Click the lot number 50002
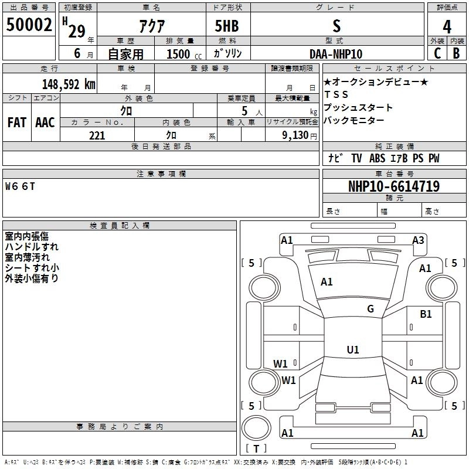tap(29, 25)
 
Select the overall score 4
tap(447, 27)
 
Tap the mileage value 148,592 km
tap(69, 84)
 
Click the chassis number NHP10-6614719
tap(394, 186)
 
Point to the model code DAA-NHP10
tap(336, 54)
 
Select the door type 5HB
tap(227, 26)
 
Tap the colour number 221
tap(97, 135)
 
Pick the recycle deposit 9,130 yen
tap(300, 135)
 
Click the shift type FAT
tap(17, 123)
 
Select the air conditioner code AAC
tap(45, 123)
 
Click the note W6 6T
tap(20, 186)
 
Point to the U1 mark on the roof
tap(353, 349)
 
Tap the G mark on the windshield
tap(371, 308)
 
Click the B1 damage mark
tap(426, 314)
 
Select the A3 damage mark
tap(418, 240)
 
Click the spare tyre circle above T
tap(256, 428)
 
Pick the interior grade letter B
tap(456, 53)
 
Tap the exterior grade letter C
tap(437, 53)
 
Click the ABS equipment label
tap(377, 158)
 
